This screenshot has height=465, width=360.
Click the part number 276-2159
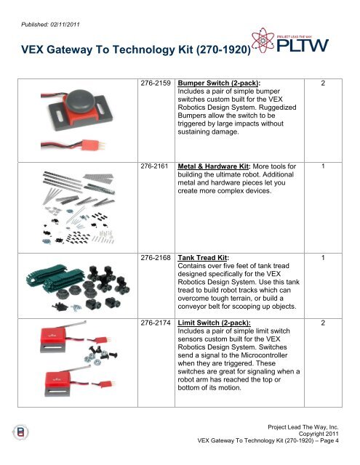(156, 84)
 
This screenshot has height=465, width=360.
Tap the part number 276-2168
(156, 258)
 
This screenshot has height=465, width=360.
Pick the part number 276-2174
(156, 323)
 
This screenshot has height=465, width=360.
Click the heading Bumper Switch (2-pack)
(219, 84)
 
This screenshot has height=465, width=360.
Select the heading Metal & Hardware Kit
(214, 166)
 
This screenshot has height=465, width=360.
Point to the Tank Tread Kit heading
(204, 258)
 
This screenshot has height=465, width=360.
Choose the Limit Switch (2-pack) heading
(214, 323)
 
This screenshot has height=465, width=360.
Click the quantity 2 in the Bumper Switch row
(323, 84)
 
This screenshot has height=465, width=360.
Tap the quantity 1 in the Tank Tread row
(323, 258)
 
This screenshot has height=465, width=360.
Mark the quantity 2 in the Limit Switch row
(323, 323)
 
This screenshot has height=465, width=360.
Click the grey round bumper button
(81, 102)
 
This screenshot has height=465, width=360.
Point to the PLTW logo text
(303, 46)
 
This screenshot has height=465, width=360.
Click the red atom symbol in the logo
(263, 41)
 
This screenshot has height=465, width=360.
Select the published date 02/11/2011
(65, 25)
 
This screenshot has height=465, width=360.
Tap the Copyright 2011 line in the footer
(319, 434)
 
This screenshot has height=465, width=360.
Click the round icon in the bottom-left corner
(20, 432)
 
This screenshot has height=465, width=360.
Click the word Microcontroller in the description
(264, 355)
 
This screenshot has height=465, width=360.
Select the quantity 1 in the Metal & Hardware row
(323, 166)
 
